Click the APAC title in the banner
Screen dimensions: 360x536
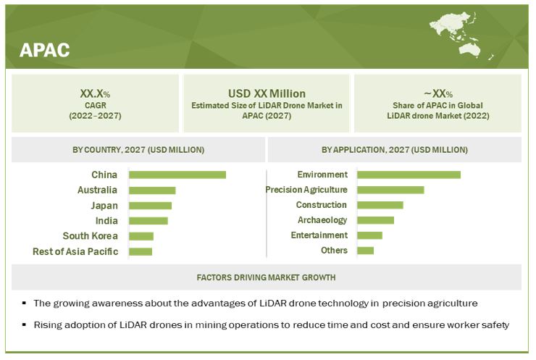tap(45, 49)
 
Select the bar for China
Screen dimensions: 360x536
tap(177, 175)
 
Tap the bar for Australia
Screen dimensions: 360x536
tap(152, 191)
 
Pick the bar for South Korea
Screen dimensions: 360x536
tap(141, 236)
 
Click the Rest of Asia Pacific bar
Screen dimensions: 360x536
tap(141, 251)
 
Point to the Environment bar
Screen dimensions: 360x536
tap(409, 175)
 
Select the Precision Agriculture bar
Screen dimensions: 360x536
tap(390, 190)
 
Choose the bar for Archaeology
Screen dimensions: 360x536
tap(375, 220)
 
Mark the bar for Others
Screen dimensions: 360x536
tap(365, 251)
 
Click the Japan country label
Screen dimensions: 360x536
tap(104, 206)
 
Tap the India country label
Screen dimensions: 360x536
tap(106, 221)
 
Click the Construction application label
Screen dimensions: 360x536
tap(322, 205)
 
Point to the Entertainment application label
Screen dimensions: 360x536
tap(319, 235)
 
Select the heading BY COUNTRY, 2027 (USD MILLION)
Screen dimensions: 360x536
tap(138, 150)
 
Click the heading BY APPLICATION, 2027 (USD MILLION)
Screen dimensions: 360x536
tap(395, 150)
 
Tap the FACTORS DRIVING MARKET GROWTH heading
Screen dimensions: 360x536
tap(266, 277)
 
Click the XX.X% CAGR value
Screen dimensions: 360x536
tap(96, 93)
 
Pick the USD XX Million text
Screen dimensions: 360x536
tap(267, 93)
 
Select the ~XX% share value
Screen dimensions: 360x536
tap(437, 93)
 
